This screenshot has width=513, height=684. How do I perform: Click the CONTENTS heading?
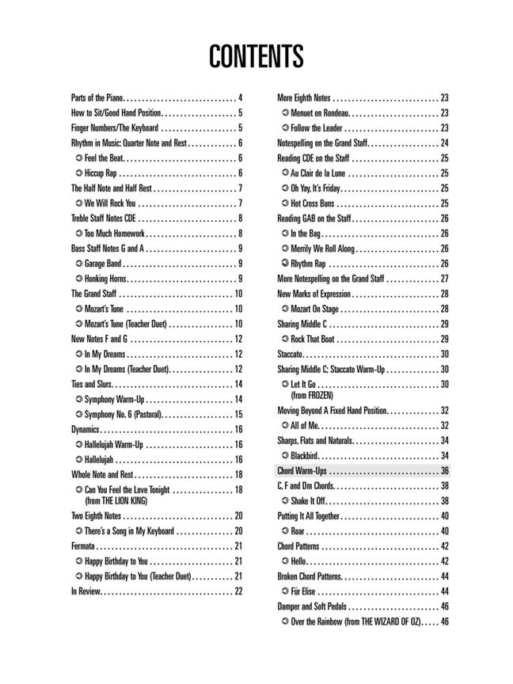(x=256, y=57)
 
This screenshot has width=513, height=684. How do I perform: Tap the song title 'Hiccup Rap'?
(x=101, y=173)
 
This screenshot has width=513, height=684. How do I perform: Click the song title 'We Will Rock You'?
(x=109, y=203)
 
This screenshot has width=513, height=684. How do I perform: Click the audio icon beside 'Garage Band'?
(x=78, y=264)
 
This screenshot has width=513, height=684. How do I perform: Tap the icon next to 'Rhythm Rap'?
(x=284, y=264)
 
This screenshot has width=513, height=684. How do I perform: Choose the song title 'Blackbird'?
(x=305, y=455)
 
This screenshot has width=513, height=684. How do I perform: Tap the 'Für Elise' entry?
(x=303, y=591)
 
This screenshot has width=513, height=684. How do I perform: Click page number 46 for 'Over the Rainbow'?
(x=444, y=621)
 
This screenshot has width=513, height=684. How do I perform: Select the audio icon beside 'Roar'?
(x=284, y=531)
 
